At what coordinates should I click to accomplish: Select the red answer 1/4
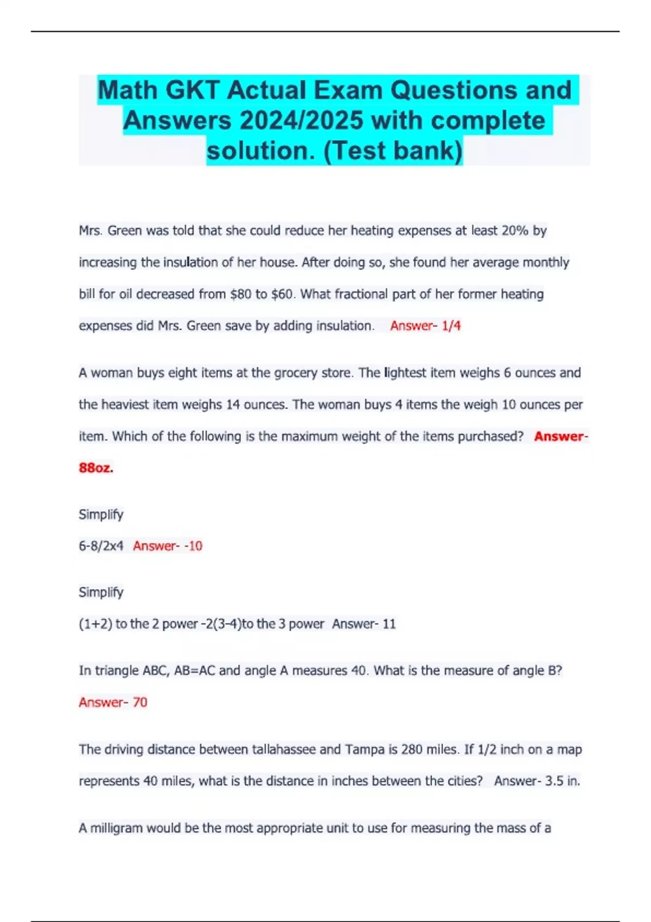coord(451,325)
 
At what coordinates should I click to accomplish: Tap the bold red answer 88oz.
coord(96,468)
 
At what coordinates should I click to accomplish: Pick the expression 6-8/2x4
coord(101,546)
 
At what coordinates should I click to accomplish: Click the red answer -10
coord(193,546)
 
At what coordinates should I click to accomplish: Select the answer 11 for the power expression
coord(389,624)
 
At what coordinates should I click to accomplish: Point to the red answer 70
coord(140,702)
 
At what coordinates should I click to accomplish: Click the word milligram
coord(116,828)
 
